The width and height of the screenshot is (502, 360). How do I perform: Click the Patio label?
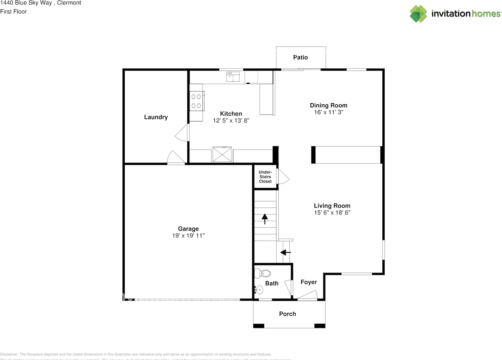pyautogui.click(x=300, y=57)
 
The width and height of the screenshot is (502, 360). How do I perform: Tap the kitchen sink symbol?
pyautogui.click(x=233, y=77)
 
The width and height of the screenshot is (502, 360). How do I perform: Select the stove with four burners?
pyautogui.click(x=196, y=100)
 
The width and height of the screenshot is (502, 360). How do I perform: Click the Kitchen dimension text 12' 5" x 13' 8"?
pyautogui.click(x=231, y=121)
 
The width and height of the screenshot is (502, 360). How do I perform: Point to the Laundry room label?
pyautogui.click(x=156, y=117)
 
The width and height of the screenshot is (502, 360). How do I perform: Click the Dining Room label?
pyautogui.click(x=328, y=105)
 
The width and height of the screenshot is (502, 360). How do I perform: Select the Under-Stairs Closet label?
pyautogui.click(x=265, y=176)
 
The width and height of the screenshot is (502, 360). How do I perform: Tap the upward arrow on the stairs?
pyautogui.click(x=265, y=218)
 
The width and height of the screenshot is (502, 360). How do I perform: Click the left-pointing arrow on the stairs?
pyautogui.click(x=286, y=252)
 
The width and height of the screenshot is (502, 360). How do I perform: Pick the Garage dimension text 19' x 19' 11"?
pyautogui.click(x=188, y=236)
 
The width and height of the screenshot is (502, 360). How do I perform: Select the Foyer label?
pyautogui.click(x=309, y=282)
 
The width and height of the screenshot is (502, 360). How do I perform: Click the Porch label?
pyautogui.click(x=287, y=314)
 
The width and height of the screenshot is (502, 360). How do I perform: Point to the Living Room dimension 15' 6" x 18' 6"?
pyautogui.click(x=332, y=213)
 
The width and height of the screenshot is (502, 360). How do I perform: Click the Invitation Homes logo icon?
pyautogui.click(x=418, y=14)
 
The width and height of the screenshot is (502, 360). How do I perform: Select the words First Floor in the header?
pyautogui.click(x=14, y=11)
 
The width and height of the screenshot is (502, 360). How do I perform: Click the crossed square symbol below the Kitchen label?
pyautogui.click(x=222, y=154)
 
